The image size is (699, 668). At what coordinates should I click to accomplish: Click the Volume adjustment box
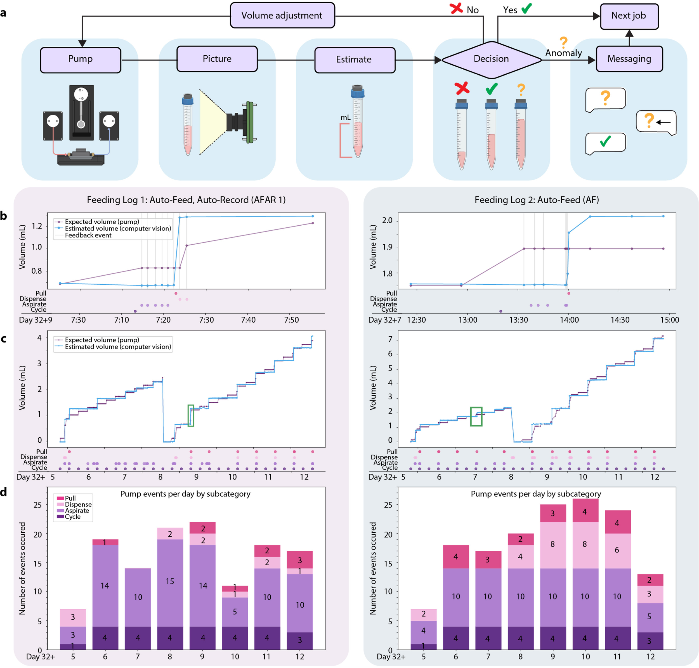pos(282,15)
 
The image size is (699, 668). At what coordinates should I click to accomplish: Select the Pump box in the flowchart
pos(81,59)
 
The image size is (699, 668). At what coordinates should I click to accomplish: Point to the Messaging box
pos(629,59)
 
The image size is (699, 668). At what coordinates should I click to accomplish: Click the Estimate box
pos(354,60)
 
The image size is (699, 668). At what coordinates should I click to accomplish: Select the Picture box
pos(217,59)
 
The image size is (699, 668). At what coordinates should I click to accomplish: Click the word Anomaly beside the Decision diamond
pos(563,53)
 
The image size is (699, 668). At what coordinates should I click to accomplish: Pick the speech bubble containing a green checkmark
pos(605,143)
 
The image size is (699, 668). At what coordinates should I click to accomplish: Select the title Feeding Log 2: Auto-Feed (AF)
pos(536,200)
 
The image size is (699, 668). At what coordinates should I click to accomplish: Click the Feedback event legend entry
pos(88,235)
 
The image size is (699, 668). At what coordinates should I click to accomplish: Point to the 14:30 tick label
pos(620,320)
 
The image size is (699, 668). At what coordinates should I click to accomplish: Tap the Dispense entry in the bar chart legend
pos(78,504)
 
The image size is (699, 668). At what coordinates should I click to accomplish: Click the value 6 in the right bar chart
pos(617,550)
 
